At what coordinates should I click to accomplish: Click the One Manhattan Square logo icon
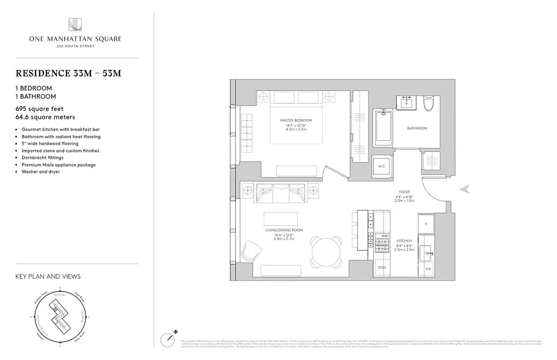(x=75, y=25)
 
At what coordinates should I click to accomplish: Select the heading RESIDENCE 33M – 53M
(x=68, y=74)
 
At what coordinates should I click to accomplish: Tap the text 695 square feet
(x=40, y=109)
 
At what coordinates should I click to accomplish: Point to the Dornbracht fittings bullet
(x=42, y=157)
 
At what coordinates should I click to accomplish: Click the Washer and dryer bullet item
(x=41, y=171)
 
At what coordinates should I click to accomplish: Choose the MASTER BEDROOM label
(x=296, y=121)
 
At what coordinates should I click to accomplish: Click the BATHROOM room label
(x=417, y=128)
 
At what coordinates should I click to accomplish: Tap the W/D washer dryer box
(x=381, y=166)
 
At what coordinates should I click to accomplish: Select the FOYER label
(x=404, y=192)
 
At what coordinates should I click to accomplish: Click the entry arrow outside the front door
(x=465, y=189)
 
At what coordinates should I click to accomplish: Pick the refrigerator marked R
(x=426, y=224)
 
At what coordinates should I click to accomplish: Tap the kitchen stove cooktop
(x=382, y=243)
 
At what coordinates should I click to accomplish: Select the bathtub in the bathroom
(x=384, y=128)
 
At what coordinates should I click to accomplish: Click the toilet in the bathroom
(x=429, y=103)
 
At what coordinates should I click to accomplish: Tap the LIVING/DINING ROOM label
(x=284, y=230)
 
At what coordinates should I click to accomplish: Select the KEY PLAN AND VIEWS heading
(x=48, y=276)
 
